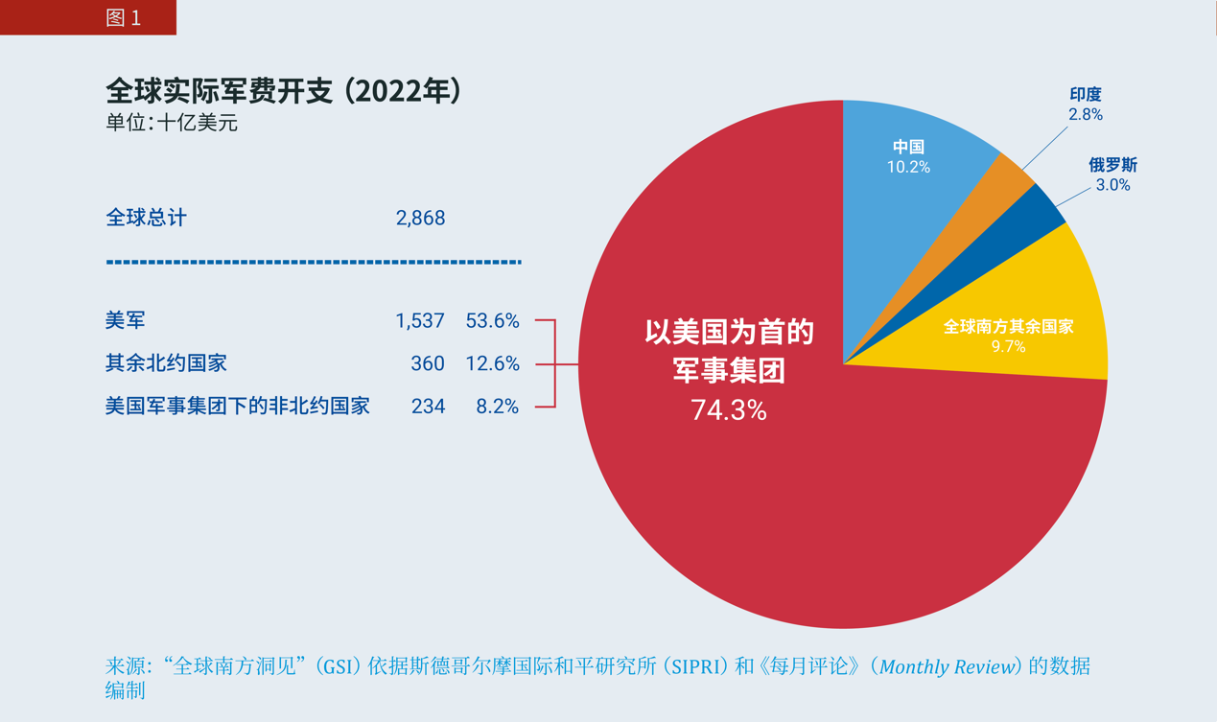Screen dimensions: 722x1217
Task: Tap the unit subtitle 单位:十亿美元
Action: (172, 123)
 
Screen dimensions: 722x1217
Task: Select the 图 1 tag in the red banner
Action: (124, 18)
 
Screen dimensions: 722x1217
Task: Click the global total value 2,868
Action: (420, 219)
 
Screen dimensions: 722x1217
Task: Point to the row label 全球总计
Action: (146, 219)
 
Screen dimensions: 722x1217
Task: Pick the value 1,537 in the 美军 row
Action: (420, 321)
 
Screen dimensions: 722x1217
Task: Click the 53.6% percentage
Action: (492, 321)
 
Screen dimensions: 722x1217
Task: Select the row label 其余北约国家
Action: (166, 364)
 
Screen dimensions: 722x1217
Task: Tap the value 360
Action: (428, 364)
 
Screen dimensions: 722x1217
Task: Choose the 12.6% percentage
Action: (492, 364)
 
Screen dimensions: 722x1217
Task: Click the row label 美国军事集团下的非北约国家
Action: (237, 407)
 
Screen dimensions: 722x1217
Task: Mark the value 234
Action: (428, 407)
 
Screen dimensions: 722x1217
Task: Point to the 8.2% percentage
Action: (498, 407)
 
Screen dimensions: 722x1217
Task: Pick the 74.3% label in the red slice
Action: (729, 410)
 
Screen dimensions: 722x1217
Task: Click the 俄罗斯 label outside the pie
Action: (1112, 165)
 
